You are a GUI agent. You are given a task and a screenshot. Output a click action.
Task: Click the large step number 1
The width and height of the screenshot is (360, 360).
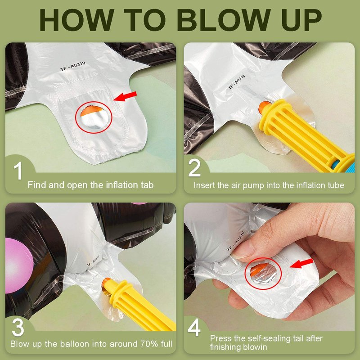(x=18, y=171)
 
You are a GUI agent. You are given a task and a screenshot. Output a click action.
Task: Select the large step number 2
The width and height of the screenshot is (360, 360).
(x=194, y=167)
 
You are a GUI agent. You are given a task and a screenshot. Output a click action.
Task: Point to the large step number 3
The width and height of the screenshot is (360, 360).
(x=18, y=327)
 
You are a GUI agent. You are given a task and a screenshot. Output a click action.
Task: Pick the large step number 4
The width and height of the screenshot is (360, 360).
(x=194, y=327)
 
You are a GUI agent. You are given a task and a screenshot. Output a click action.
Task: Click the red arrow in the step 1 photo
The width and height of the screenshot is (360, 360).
(x=125, y=96)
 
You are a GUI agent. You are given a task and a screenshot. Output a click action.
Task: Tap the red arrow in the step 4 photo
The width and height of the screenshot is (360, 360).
(x=301, y=263)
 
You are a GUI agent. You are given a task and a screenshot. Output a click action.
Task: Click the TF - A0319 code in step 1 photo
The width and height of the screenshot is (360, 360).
(x=72, y=66)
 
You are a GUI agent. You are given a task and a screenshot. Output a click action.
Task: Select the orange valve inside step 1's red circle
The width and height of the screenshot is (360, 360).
(x=91, y=110)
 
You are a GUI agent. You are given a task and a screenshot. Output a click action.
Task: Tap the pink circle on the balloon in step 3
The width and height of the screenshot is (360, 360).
(x=19, y=265)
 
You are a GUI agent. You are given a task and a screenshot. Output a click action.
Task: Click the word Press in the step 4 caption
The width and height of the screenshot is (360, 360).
(x=220, y=338)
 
